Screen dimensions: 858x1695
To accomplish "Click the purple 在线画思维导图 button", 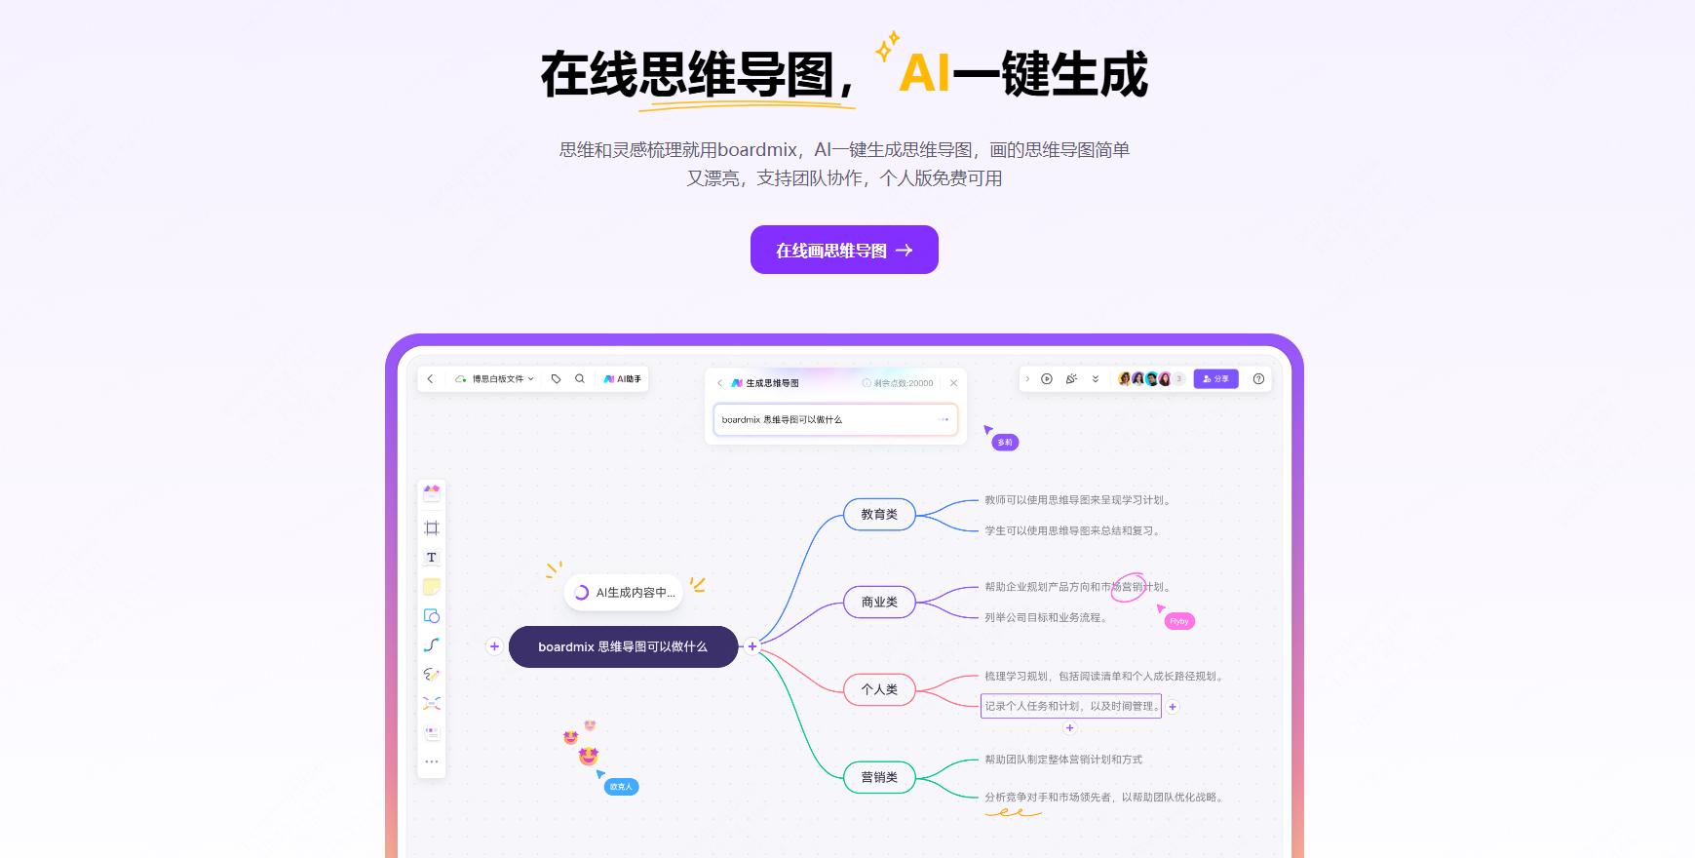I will pyautogui.click(x=844, y=250).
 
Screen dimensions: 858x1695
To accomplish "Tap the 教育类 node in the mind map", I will pyautogui.click(x=879, y=514).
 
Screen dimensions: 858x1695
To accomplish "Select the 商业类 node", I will pyautogui.click(x=879, y=602).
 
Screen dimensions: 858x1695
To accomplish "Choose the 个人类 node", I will pyautogui.click(x=879, y=689).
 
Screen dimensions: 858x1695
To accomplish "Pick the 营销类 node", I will pyautogui.click(x=879, y=777).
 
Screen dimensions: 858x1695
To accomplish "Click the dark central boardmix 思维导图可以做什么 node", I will pyautogui.click(x=623, y=646).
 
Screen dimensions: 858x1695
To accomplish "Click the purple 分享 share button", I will pyautogui.click(x=1215, y=379).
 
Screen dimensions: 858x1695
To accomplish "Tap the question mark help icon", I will pyautogui.click(x=1258, y=379).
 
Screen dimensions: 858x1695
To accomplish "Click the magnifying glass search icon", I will pyautogui.click(x=580, y=378).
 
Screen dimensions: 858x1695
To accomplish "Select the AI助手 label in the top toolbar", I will pyautogui.click(x=623, y=378).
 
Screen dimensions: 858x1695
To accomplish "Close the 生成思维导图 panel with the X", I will pyautogui.click(x=953, y=383).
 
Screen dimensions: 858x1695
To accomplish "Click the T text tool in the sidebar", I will pyautogui.click(x=431, y=558).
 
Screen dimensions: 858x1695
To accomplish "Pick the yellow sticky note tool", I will pyautogui.click(x=431, y=587).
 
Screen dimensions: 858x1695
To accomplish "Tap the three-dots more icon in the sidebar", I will pyautogui.click(x=431, y=761).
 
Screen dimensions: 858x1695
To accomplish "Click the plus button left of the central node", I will pyautogui.click(x=494, y=646).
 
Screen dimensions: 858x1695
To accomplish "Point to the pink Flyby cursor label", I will pyautogui.click(x=1179, y=621).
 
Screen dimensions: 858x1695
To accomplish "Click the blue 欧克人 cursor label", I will pyautogui.click(x=621, y=787).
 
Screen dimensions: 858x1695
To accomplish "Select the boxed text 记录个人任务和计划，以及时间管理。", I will pyautogui.click(x=1071, y=706).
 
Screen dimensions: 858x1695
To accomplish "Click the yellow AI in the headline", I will pyautogui.click(x=924, y=74).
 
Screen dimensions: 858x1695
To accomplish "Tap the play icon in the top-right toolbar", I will pyautogui.click(x=1047, y=379).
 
